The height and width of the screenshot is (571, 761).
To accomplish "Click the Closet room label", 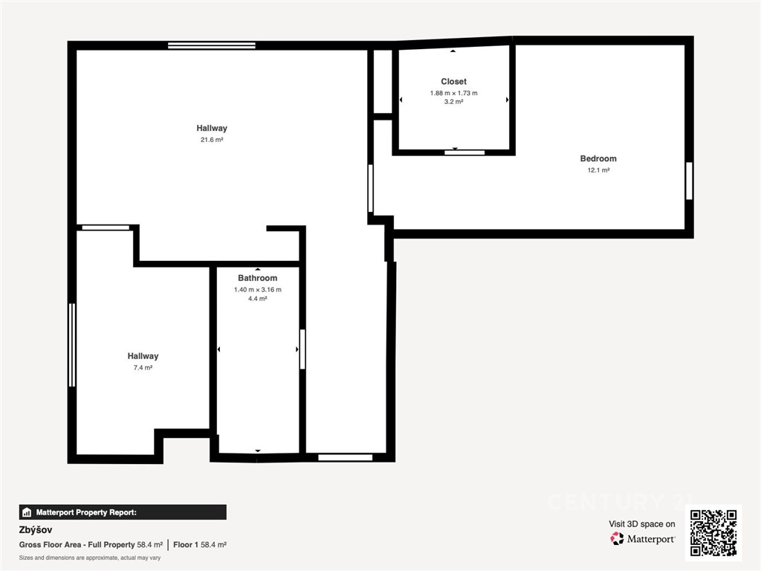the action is (x=453, y=82).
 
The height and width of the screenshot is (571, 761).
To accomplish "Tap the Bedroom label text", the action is (x=598, y=159).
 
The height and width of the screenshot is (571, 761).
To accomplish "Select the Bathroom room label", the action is (x=257, y=278).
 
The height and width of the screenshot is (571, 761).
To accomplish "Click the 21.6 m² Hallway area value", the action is (x=212, y=140).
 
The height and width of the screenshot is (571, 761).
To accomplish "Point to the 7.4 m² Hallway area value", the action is (x=143, y=367).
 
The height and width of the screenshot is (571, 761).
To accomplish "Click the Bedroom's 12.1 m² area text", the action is (x=598, y=170).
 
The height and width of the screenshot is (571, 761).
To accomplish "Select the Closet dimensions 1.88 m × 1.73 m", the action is (x=453, y=93).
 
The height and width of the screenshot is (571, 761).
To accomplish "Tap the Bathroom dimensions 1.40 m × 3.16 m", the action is (x=257, y=290).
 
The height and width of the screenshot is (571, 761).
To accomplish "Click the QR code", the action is (x=713, y=532).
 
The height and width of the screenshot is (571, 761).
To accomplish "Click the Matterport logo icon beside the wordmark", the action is (x=617, y=538).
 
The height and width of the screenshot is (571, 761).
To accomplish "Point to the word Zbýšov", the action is (x=36, y=529).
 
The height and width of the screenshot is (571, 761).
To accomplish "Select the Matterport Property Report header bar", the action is (x=123, y=512).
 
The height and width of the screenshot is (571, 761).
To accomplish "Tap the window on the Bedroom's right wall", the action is (x=689, y=181).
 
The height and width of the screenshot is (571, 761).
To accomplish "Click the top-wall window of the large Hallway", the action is (x=212, y=45).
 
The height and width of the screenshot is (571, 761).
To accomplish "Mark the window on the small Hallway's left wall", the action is (x=72, y=345).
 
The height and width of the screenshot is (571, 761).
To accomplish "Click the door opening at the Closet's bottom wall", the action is (x=464, y=152).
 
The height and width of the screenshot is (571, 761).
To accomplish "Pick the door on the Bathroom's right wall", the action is (x=302, y=349).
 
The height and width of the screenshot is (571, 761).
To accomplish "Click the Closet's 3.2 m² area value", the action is (x=453, y=102).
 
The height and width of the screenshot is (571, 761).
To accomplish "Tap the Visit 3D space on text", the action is (x=641, y=524).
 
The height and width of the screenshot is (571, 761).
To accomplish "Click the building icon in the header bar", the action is (x=27, y=512).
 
